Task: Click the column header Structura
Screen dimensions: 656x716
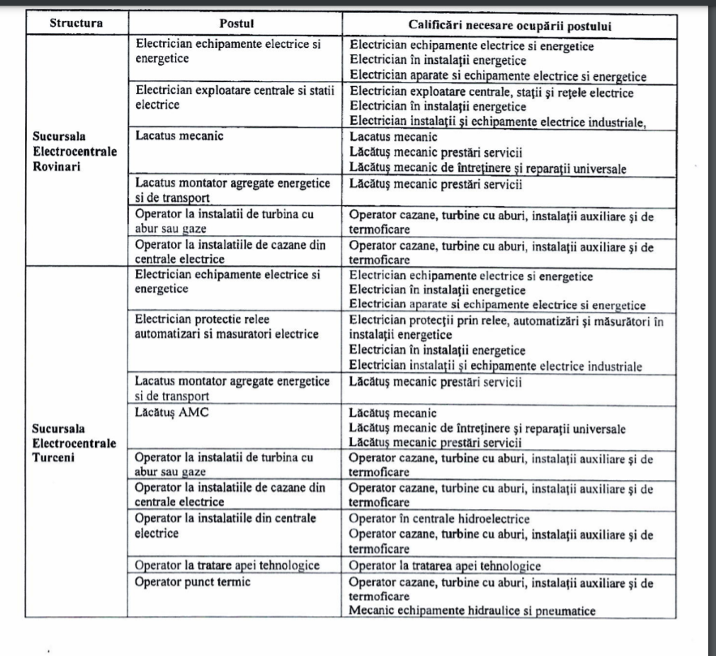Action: pos(75,23)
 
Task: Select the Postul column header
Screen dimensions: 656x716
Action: pos(234,24)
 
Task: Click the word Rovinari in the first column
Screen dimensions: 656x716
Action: pos(55,166)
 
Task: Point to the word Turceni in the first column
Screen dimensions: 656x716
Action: pos(53,458)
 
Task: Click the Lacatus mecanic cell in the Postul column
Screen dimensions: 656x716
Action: pos(179,136)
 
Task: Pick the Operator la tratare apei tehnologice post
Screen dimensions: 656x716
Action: pos(227,565)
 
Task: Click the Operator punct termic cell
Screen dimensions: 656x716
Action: pos(193,581)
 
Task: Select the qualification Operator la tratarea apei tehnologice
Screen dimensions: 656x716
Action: pos(444,566)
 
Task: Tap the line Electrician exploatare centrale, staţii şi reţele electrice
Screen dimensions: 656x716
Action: pos(491,92)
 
